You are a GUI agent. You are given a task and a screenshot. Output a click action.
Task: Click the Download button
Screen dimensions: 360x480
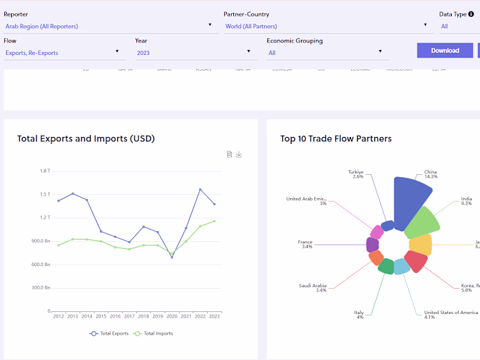(445, 50)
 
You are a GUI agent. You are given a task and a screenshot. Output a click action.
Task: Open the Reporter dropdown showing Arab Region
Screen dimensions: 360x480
(110, 26)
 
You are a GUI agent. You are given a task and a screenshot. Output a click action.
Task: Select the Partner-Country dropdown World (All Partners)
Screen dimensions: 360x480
(326, 26)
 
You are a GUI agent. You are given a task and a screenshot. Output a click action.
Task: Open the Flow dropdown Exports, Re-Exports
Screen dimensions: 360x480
(62, 52)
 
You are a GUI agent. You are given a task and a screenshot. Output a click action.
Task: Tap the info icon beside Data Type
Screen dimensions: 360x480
(471, 14)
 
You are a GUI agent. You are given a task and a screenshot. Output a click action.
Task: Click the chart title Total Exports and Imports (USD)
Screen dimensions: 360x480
(86, 139)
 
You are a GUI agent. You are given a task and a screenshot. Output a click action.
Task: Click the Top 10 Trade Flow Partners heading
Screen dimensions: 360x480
(336, 139)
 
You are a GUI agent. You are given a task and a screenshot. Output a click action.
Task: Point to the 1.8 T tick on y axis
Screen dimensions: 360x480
(45, 171)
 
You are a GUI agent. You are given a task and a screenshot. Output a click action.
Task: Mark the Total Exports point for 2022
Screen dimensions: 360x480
(200, 189)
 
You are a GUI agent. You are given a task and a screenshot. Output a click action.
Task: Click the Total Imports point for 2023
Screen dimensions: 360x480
(215, 221)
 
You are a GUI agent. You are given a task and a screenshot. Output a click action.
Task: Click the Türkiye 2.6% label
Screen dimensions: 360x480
(355, 174)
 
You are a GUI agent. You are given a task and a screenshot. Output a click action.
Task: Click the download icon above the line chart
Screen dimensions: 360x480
(239, 154)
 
